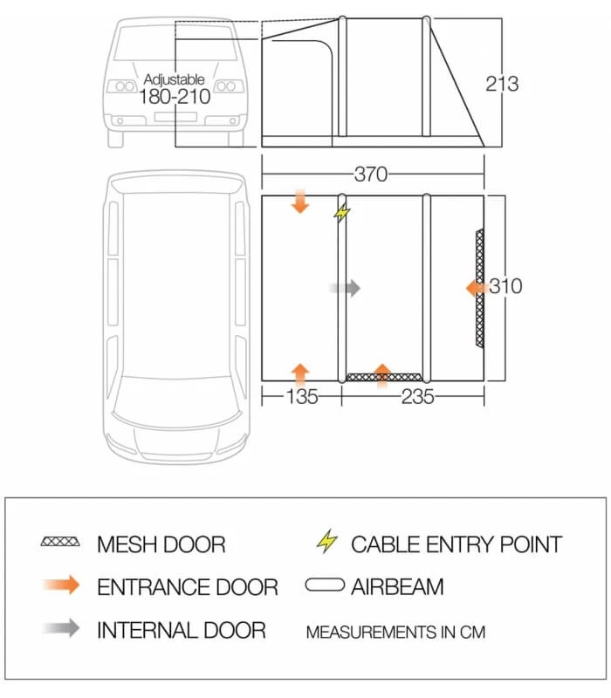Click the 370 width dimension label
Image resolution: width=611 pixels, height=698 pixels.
point(371,174)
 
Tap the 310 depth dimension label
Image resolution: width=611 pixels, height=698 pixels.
point(505,286)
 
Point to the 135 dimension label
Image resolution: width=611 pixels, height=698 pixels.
point(300,398)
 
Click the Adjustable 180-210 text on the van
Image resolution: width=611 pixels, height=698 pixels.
point(175,89)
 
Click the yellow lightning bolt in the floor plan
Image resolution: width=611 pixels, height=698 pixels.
point(342,213)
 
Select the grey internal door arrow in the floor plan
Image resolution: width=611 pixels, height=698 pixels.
point(345,287)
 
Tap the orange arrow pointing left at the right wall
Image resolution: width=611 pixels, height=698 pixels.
point(476,287)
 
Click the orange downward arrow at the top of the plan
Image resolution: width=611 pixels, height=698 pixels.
point(300,202)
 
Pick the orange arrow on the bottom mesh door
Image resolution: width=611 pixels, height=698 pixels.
point(382,374)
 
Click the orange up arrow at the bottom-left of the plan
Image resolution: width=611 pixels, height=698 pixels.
point(300,373)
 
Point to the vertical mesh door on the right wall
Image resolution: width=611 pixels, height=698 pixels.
point(479,288)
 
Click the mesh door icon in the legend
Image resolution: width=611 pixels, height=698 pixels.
point(61,544)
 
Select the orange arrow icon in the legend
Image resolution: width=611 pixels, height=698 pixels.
point(61,585)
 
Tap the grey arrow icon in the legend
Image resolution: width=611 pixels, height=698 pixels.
point(61,627)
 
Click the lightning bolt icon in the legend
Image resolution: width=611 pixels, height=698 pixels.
point(326,543)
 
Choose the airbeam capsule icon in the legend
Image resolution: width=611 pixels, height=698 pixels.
point(326,585)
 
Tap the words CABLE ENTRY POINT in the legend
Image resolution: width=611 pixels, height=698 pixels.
point(457,544)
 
